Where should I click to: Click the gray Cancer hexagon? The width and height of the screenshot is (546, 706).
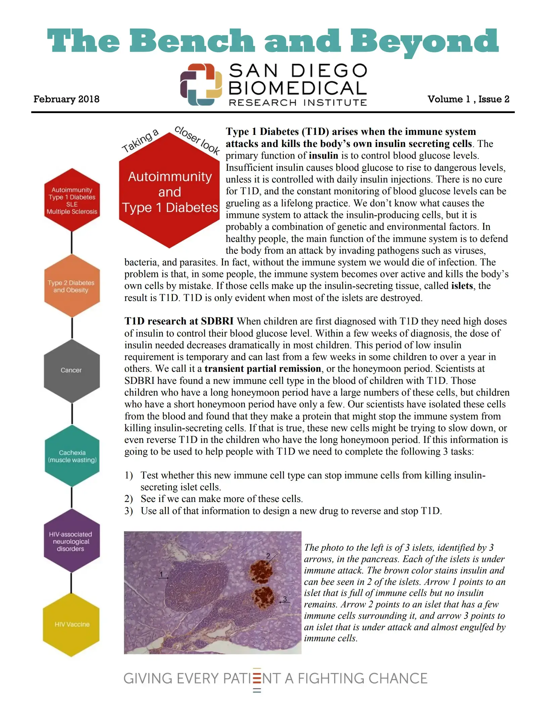[72, 370]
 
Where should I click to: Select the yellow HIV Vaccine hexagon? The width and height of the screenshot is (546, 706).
[72, 624]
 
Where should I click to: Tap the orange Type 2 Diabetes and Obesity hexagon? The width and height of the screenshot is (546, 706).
[72, 286]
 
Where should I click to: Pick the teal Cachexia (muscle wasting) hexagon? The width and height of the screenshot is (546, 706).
[72, 456]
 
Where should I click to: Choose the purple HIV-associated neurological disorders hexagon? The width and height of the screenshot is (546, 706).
[71, 541]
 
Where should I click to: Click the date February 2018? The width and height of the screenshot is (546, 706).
[66, 99]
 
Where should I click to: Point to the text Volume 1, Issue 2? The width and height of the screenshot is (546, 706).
[468, 99]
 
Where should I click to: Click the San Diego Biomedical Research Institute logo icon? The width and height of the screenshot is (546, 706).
[201, 85]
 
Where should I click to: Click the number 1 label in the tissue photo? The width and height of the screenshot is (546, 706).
[162, 574]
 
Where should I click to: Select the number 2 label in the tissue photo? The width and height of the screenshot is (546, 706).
[268, 556]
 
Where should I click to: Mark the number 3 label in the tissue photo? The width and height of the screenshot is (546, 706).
[285, 599]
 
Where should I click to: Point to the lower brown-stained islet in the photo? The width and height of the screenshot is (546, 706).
[263, 598]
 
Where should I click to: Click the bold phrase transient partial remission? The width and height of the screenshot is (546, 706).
[263, 369]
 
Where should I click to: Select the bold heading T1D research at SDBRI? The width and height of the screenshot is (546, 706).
[179, 321]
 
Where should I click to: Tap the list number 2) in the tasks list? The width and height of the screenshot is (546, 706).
[129, 499]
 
